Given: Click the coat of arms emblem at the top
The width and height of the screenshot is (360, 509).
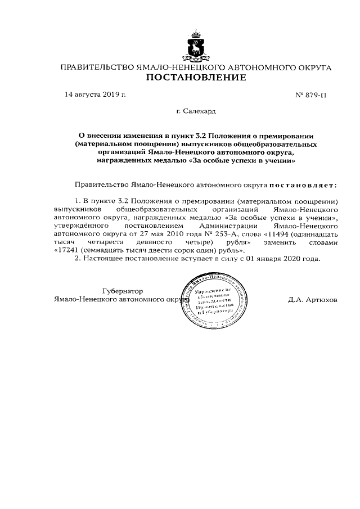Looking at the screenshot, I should [196, 46].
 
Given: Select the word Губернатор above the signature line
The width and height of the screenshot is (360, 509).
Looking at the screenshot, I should [123, 291].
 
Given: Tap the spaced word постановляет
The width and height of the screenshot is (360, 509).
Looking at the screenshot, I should [303, 184].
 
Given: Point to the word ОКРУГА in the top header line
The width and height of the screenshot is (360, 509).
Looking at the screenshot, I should [310, 67].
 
